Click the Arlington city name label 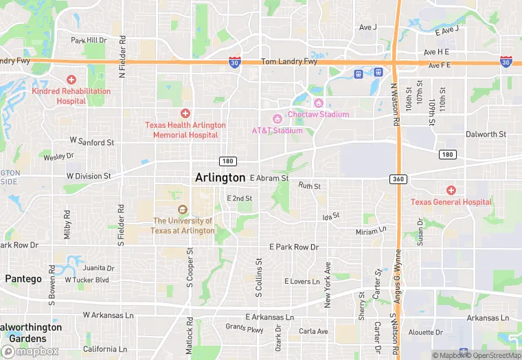[x=220, y=177]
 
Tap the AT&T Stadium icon [x=277, y=120]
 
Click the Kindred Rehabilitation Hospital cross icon [x=71, y=80]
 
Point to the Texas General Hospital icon [x=451, y=190]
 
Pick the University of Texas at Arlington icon [x=182, y=210]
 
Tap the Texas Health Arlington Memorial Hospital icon [x=185, y=113]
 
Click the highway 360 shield [x=398, y=179]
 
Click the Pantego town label [x=23, y=279]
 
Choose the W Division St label [x=89, y=176]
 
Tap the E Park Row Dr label [x=294, y=247]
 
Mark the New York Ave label [x=328, y=284]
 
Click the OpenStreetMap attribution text [x=494, y=355]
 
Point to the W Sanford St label [x=92, y=142]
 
